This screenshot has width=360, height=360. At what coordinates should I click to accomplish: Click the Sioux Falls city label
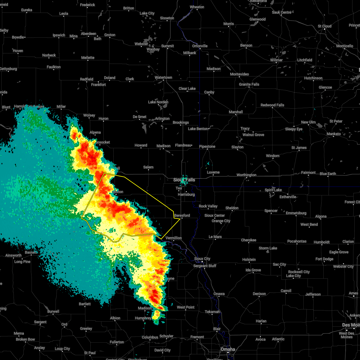click(x=184, y=180)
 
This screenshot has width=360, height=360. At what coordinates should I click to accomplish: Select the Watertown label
click(x=163, y=78)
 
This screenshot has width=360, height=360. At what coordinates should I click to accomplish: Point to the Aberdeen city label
click(x=88, y=34)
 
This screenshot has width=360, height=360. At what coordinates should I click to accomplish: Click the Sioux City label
click(x=202, y=259)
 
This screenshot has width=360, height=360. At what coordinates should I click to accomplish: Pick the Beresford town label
click(x=182, y=215)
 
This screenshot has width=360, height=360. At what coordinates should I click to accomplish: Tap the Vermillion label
click(x=174, y=238)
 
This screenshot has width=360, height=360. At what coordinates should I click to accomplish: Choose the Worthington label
click(x=246, y=175)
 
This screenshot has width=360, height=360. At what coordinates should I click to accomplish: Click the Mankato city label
click(x=333, y=134)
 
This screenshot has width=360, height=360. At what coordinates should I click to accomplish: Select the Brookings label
click(x=181, y=122)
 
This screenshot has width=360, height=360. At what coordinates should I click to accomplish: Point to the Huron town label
click(x=103, y=119)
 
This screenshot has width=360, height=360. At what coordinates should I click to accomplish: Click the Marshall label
click(x=236, y=112)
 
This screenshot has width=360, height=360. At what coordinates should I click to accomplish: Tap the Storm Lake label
click(x=268, y=248)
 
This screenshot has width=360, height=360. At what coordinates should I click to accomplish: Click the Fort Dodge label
click(x=324, y=259)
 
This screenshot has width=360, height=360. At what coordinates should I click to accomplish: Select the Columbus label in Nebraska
click(x=150, y=337)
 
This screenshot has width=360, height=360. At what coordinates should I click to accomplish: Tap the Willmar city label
click(x=276, y=60)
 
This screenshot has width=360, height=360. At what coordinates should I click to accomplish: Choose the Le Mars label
click(x=215, y=237)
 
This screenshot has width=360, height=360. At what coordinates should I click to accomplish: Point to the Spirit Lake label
click(x=273, y=190)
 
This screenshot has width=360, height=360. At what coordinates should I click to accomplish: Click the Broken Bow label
click(x=25, y=339)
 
